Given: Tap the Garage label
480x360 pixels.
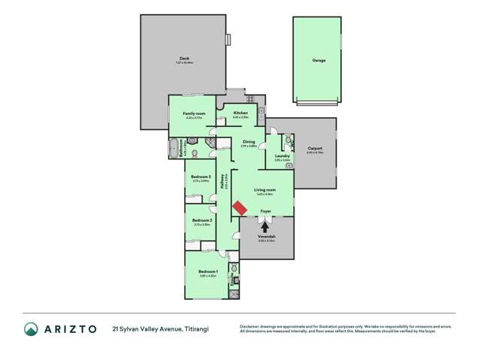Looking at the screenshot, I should click(x=318, y=59).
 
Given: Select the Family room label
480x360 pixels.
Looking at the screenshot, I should click(x=195, y=113).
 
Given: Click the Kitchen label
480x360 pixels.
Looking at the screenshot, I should click(x=240, y=113).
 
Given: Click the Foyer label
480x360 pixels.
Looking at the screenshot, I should click(x=266, y=211).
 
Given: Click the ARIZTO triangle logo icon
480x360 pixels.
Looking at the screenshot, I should click(x=31, y=328).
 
